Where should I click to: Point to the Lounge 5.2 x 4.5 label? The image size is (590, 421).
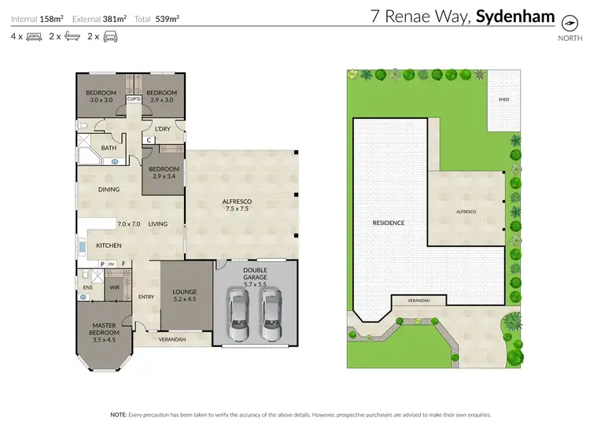pyautogui.click(x=184, y=296)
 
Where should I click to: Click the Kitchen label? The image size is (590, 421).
pyautogui.click(x=109, y=246)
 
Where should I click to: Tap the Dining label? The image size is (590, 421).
pyautogui.click(x=109, y=190)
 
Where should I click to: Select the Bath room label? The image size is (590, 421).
pyautogui.click(x=109, y=147)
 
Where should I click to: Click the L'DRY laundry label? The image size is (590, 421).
pyautogui.click(x=163, y=129)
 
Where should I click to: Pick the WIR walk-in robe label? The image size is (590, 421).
pyautogui.click(x=114, y=288)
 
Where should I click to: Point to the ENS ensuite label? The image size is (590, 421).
pyautogui.click(x=87, y=288)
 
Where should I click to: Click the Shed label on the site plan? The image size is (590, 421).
pyautogui.click(x=503, y=100)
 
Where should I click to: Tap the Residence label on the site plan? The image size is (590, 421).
pyautogui.click(x=388, y=223)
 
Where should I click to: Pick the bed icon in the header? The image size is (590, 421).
pyautogui.click(x=34, y=36)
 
